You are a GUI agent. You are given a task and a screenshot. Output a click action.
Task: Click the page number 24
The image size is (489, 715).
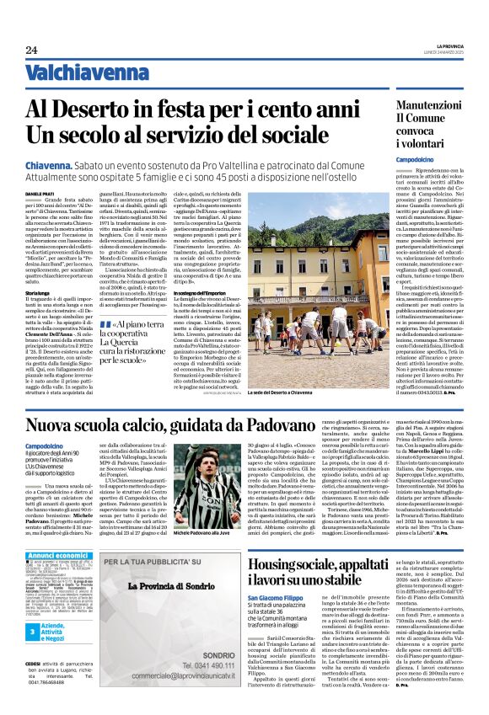point(31,50)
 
